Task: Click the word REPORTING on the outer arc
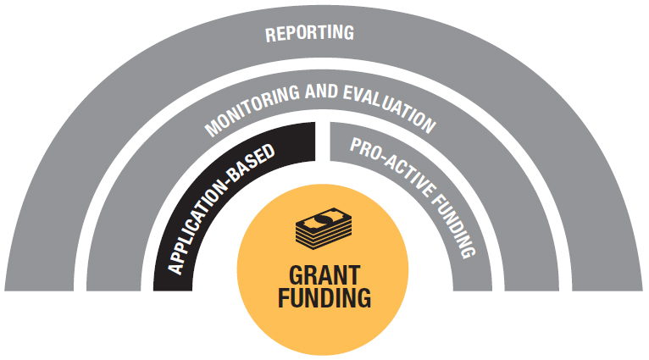pyautogui.click(x=309, y=33)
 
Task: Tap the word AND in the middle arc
pyautogui.click(x=321, y=91)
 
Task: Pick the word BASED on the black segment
pyautogui.click(x=252, y=163)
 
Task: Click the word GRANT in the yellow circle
pyautogui.click(x=324, y=275)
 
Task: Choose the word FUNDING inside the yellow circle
pyautogui.click(x=324, y=298)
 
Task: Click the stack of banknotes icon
pyautogui.click(x=324, y=229)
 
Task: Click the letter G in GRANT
pyautogui.click(x=297, y=275)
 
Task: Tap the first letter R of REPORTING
pyautogui.click(x=270, y=36)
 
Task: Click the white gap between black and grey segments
pyautogui.click(x=323, y=141)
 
